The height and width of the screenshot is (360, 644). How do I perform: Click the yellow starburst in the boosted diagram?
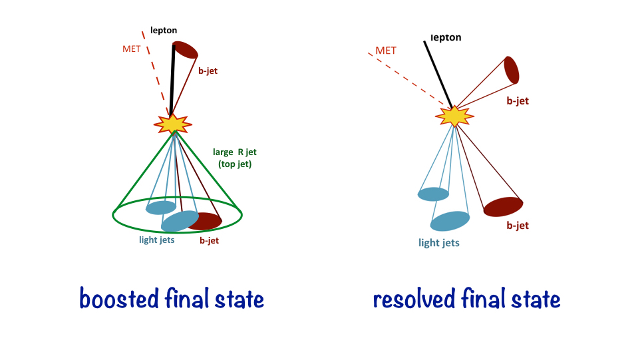[173, 123]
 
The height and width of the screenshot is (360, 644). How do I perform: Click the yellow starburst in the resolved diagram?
[454, 116]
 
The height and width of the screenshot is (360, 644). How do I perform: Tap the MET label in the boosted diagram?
[132, 49]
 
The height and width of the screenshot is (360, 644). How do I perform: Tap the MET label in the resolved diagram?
[386, 51]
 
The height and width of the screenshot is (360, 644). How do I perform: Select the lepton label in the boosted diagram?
[164, 30]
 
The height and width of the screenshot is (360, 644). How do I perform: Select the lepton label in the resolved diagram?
[446, 38]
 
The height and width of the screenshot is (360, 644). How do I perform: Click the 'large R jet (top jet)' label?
[234, 158]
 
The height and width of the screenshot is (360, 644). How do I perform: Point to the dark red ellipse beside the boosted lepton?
[186, 50]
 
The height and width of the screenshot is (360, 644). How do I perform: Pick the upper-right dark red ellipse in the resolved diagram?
[512, 70]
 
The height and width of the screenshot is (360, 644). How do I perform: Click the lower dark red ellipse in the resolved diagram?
[502, 207]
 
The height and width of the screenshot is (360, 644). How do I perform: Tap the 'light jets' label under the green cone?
[157, 240]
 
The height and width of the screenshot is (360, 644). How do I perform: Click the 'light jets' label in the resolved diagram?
[439, 243]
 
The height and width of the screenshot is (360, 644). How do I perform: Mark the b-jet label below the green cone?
[210, 240]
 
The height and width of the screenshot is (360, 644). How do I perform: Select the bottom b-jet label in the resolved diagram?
[518, 226]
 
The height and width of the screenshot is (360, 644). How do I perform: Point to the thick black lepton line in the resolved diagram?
[438, 74]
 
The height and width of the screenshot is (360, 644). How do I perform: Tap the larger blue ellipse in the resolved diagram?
[450, 221]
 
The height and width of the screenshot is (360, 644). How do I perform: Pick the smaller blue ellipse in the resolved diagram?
[433, 194]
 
